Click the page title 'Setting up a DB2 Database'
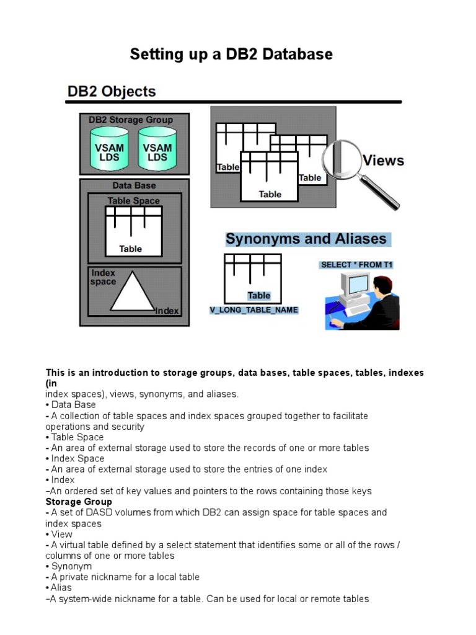click(231, 55)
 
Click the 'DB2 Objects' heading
click(112, 92)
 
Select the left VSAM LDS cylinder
click(110, 149)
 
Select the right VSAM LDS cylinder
click(157, 149)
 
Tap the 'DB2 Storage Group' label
click(131, 120)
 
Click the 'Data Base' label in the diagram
click(134, 185)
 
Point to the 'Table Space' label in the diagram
click(134, 201)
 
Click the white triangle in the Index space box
click(133, 295)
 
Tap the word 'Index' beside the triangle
click(167, 311)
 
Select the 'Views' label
click(383, 161)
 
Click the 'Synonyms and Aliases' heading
click(306, 239)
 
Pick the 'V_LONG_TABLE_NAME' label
click(253, 310)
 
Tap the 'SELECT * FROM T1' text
click(356, 265)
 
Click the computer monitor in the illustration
click(358, 286)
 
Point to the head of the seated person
click(383, 287)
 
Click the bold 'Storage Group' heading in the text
click(79, 502)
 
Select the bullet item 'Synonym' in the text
click(71, 566)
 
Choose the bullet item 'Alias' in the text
click(61, 588)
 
